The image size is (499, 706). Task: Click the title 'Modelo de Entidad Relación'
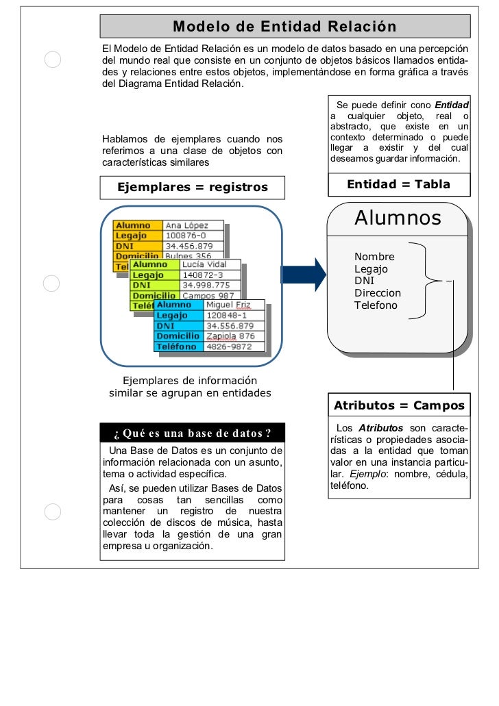284,27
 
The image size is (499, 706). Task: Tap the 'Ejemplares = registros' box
193,187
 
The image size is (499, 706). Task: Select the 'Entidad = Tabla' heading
398,184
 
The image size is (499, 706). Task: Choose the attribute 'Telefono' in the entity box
376,305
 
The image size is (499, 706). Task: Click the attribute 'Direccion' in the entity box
378,292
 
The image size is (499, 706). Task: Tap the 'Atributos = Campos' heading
399,406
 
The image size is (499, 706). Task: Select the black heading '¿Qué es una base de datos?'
192,433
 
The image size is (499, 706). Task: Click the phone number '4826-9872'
229,346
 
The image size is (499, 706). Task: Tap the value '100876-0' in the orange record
186,236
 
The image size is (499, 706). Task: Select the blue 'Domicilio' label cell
178,336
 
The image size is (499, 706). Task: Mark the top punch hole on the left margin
53,60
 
